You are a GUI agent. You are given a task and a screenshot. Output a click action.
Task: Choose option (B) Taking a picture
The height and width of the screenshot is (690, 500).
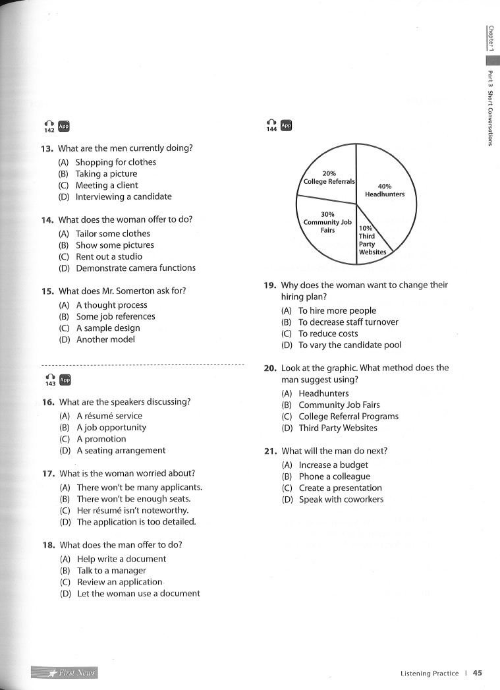click(106, 174)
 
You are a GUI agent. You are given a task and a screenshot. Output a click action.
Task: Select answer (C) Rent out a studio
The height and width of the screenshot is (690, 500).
click(109, 256)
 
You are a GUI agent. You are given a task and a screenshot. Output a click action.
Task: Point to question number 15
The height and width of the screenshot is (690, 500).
click(47, 291)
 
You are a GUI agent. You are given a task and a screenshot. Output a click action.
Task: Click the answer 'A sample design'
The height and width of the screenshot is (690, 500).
click(108, 328)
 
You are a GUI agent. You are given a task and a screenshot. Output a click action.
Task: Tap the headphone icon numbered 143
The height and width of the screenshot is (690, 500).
click(49, 380)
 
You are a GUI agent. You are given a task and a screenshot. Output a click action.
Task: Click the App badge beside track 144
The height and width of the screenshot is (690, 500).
click(286, 125)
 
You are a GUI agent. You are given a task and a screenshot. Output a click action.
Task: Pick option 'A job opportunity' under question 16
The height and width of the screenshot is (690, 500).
click(111, 428)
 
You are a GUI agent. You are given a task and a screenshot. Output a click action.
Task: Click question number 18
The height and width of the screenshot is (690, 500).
click(48, 545)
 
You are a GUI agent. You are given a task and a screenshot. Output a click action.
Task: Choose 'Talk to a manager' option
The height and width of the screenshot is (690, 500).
click(111, 571)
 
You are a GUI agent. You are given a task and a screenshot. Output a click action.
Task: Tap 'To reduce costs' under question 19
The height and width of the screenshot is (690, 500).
click(328, 333)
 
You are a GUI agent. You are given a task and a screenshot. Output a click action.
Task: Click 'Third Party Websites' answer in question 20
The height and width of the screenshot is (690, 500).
click(338, 428)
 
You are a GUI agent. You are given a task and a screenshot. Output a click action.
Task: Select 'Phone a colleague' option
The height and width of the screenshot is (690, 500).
click(334, 476)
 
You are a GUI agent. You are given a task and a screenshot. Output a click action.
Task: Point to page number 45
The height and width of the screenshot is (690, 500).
click(478, 673)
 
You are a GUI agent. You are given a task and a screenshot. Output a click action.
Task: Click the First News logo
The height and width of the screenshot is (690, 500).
click(64, 673)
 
